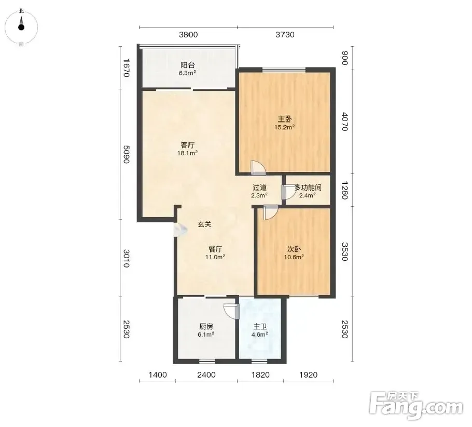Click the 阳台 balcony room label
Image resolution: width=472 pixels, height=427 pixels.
coord(188,65)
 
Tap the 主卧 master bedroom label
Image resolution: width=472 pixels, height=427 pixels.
coord(284,119)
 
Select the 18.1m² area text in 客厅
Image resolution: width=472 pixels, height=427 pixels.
coord(187,153)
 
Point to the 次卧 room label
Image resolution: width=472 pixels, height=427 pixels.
coord(294,249)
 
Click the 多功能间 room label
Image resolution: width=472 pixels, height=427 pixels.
coord(308,188)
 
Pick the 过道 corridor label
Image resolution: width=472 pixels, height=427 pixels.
coord(259,188)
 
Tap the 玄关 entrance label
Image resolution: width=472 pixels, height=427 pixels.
coord(204,224)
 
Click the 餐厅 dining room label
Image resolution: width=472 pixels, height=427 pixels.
coord(216,249)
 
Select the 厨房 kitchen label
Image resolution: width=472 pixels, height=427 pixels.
coord(206,327)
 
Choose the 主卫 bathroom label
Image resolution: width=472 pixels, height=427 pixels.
coord(260,327)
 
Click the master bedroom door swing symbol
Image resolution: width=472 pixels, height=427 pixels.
coord(258,168)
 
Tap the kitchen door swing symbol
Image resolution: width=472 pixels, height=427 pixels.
coord(231,311)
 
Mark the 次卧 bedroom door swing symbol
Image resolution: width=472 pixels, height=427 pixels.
coord(270,212)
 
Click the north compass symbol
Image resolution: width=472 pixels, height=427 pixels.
coord(21,27)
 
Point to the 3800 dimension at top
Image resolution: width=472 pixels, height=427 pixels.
coord(188,35)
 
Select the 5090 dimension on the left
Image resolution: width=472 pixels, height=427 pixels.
coord(126,154)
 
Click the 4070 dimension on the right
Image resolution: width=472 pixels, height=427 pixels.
coord(345,122)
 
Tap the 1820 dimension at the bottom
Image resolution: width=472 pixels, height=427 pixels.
coord(260,375)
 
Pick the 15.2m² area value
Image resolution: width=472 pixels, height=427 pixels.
coord(284,127)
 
